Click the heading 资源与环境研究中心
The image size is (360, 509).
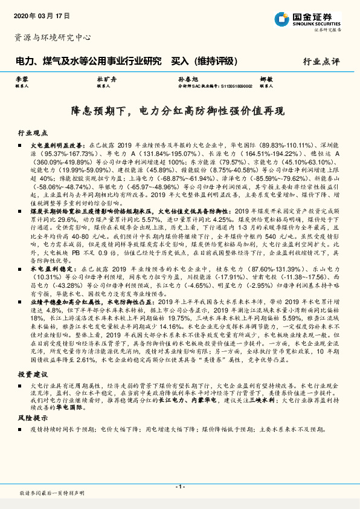53,37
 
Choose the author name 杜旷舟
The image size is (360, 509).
104,79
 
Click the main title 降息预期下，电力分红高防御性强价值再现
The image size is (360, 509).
179,111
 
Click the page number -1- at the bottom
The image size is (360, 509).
179,486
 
